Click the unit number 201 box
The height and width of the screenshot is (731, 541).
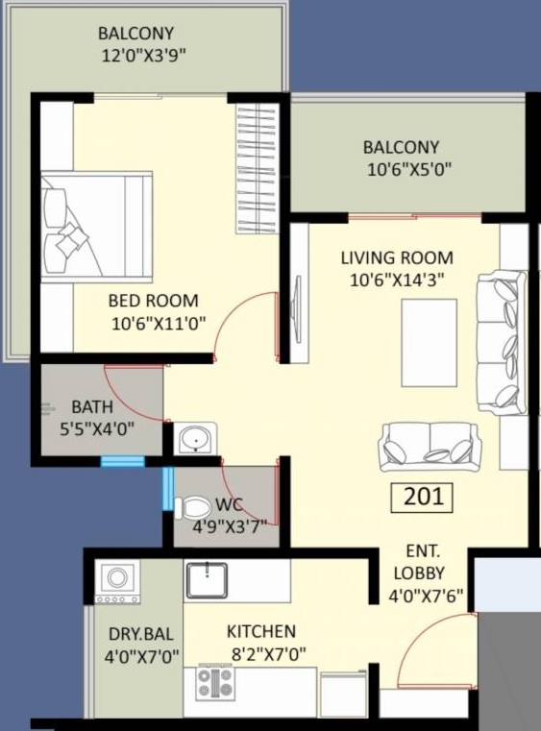422,497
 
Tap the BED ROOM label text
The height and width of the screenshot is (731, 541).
154,301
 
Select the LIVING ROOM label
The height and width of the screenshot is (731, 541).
397,257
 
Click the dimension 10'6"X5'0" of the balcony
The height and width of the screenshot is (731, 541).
409,170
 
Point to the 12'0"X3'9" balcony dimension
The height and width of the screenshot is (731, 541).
143,56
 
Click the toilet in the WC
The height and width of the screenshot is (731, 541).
192,507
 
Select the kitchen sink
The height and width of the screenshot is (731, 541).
207,580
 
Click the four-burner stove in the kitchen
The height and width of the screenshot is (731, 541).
214,682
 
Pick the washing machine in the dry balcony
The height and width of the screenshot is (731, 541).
117,581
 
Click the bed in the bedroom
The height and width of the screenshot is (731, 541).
96,227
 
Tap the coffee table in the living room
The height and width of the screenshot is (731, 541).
430,343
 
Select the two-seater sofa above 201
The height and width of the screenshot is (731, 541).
430,447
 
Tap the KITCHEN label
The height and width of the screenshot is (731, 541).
261,632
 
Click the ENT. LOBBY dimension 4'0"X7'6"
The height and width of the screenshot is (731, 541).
427,596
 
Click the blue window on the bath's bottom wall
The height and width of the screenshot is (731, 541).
123,461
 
